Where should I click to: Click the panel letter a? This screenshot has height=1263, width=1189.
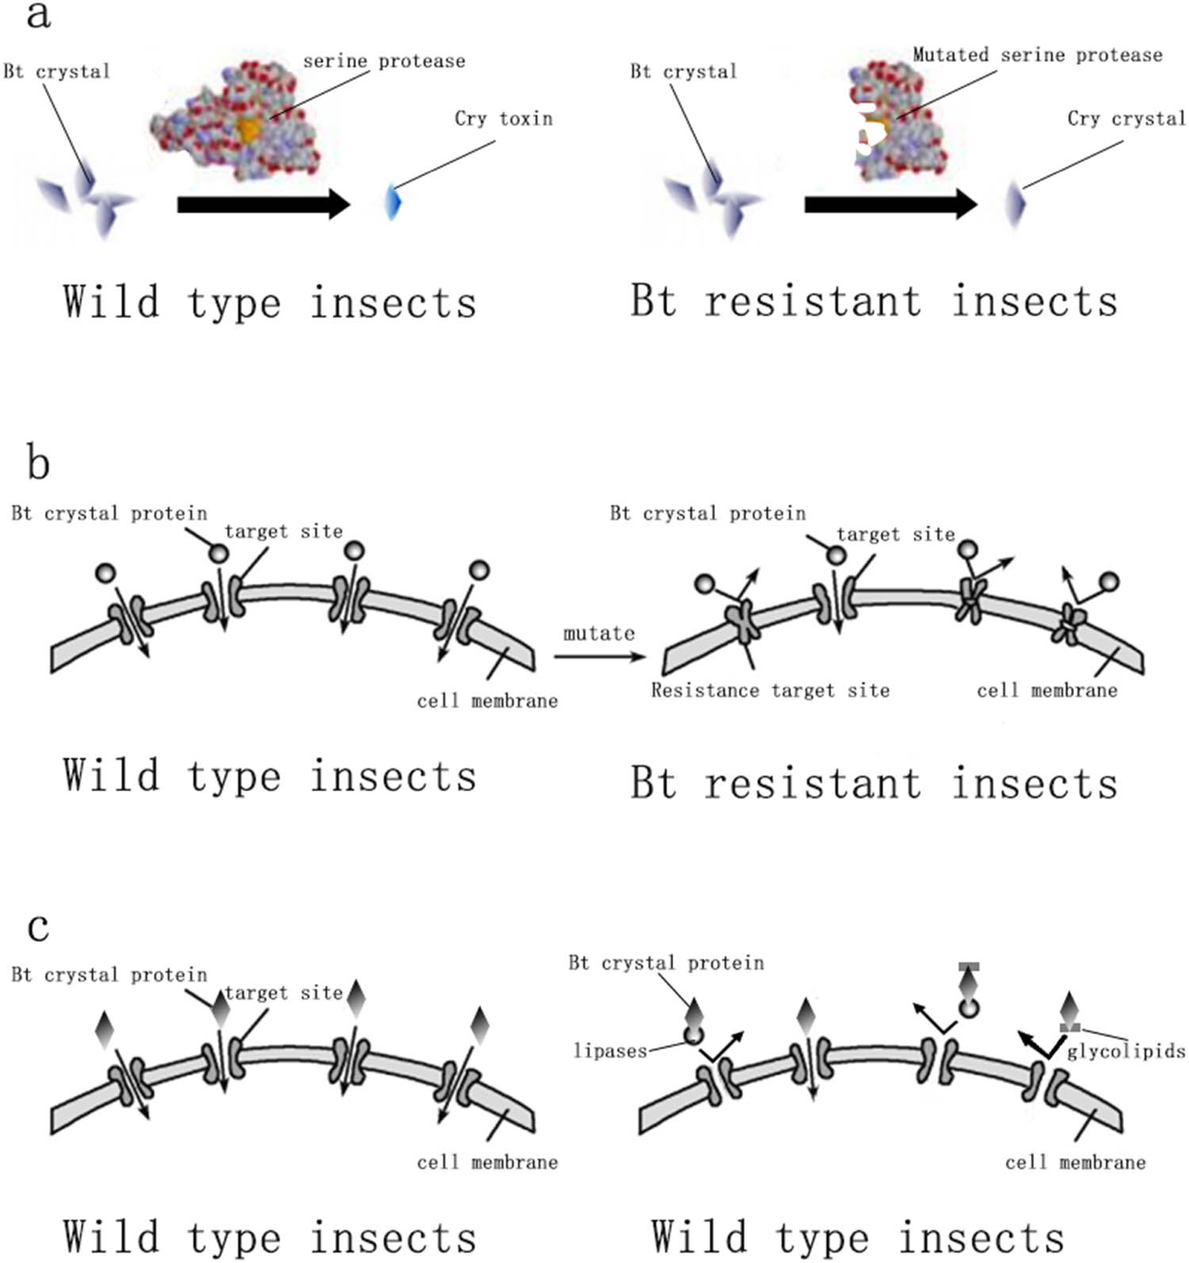(37, 15)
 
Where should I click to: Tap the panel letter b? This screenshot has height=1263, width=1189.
(38, 463)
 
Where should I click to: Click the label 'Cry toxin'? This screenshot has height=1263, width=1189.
(503, 119)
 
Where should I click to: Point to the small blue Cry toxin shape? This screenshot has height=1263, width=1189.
(393, 201)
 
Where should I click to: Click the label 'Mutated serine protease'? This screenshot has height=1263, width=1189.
(1037, 55)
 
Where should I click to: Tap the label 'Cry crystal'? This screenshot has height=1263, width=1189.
(1126, 119)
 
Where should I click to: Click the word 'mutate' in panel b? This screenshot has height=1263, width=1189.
(598, 633)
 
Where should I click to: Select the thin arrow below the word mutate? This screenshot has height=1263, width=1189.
(600, 656)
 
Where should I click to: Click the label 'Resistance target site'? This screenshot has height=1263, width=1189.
(770, 691)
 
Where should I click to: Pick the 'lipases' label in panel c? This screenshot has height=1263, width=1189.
(610, 1051)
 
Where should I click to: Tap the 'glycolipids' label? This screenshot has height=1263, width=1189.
(1126, 1052)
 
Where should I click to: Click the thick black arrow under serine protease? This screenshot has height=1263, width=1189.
(263, 205)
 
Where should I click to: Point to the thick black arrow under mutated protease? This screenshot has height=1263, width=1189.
(890, 205)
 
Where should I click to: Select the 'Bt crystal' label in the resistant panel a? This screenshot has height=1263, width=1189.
(683, 72)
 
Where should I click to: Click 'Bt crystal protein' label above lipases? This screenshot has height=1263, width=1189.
(666, 963)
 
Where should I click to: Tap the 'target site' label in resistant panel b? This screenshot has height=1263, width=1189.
(896, 535)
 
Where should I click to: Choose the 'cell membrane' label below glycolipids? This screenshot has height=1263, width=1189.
(1075, 1163)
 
